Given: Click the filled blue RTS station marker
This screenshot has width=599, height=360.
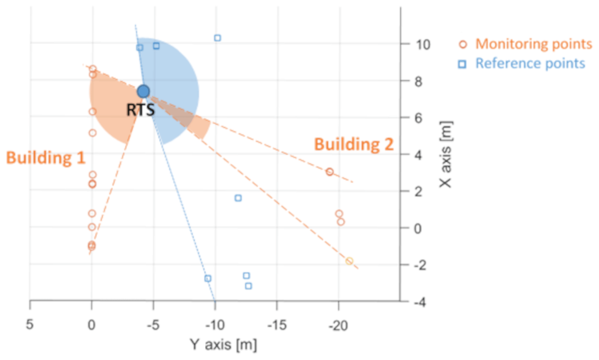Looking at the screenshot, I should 143,91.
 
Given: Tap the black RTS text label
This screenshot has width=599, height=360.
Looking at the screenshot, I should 141,110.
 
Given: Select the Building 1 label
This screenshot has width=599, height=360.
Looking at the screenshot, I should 45,158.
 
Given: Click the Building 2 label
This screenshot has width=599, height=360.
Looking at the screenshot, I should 354,144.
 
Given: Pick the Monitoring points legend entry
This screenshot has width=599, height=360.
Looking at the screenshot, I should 534,44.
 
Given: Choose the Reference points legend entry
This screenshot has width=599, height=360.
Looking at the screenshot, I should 530,63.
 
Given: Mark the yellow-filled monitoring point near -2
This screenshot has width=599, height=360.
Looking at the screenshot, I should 349,261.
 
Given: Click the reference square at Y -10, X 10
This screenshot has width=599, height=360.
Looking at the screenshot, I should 217,38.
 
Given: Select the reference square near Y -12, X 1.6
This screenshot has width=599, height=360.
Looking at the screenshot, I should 238,198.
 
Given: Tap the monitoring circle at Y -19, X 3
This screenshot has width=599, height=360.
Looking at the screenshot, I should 330,172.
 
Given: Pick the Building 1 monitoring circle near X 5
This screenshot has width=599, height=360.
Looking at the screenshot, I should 92,133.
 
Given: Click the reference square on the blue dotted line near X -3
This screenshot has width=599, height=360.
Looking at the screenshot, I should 208,278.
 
